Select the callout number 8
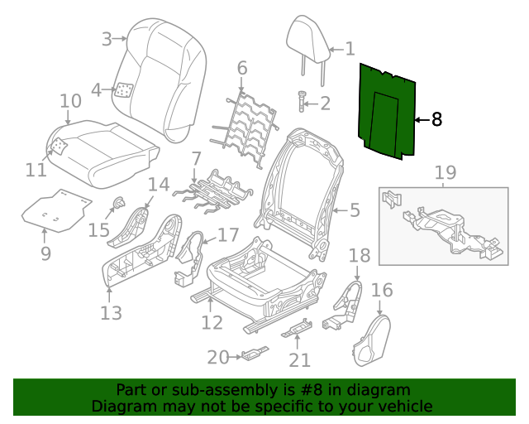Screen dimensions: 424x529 (436, 120)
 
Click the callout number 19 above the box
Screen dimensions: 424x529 (445, 172)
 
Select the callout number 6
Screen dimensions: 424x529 (241, 66)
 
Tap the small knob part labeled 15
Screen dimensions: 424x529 (119, 201)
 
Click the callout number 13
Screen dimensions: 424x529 (111, 313)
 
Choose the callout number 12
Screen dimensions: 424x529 (212, 322)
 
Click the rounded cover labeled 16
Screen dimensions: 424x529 (371, 340)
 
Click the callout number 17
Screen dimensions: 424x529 (227, 235)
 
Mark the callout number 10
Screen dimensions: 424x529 (70, 101)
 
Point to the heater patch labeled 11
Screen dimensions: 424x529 (59, 147)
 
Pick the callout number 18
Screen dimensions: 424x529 (359, 255)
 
